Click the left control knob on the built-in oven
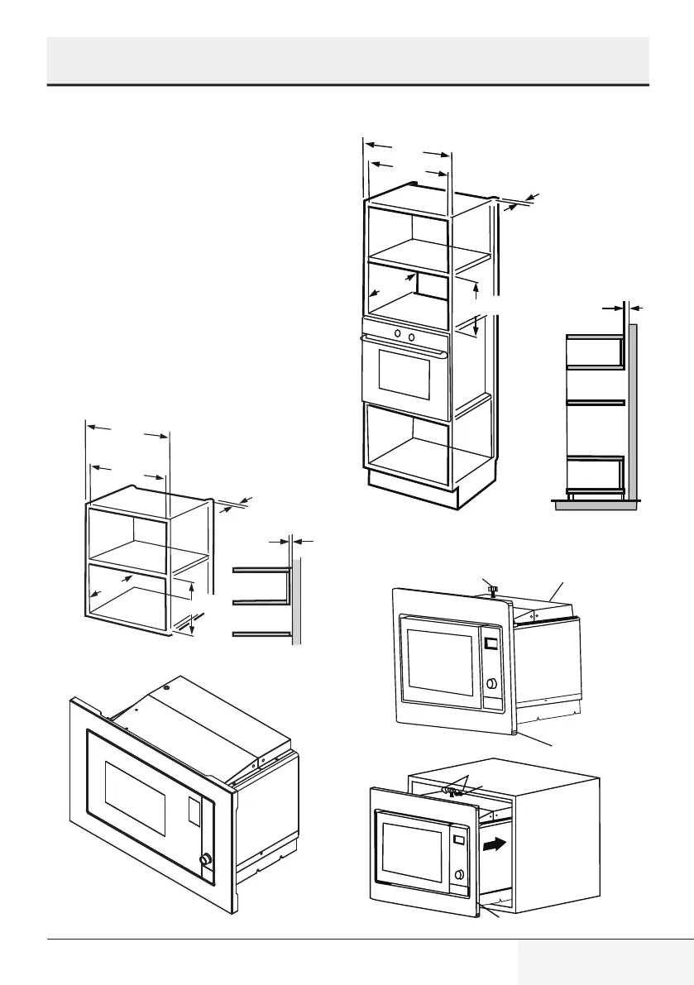(397, 333)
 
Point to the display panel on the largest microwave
(195, 811)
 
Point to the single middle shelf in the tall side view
(594, 401)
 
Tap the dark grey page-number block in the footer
(605, 962)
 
